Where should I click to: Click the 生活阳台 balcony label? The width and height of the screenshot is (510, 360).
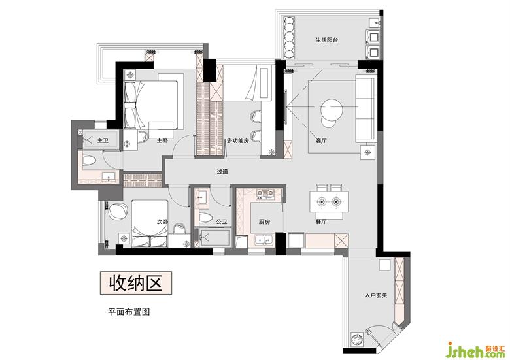pos(326,40)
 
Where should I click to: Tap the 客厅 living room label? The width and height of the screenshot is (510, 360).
pos(320,140)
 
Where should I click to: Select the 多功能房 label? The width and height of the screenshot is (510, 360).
pos(238,140)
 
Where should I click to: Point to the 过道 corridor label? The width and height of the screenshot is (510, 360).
pos(222,172)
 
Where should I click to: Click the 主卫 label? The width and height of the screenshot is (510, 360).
pos(103,140)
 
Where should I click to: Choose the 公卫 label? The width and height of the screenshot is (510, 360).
pos(222,222)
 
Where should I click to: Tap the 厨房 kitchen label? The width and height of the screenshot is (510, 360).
pos(264,222)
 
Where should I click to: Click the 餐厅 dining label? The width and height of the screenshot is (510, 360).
pos(320,222)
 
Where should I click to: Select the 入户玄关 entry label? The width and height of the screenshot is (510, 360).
pos(376,296)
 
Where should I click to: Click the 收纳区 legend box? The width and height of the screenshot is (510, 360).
pos(135,283)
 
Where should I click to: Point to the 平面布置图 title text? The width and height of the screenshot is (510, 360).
pos(129,312)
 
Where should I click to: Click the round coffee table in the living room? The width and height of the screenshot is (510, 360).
pos(331,110)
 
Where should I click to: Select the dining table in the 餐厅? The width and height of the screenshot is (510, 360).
pos(329,202)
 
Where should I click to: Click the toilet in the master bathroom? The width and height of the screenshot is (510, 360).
pos(89,160)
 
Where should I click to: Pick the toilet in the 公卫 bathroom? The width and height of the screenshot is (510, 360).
pos(205,218)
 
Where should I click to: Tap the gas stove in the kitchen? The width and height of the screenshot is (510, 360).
pos(265,193)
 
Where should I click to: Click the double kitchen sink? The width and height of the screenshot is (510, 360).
pos(263,240)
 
